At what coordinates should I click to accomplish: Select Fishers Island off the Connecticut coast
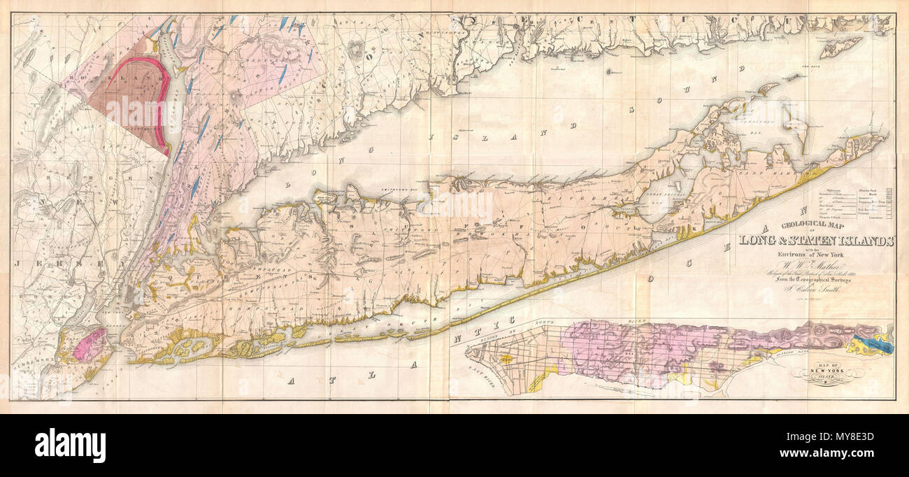click(840, 48)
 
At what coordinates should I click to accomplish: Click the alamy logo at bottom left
click(70, 445)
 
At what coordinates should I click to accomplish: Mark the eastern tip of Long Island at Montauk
click(884, 137)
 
